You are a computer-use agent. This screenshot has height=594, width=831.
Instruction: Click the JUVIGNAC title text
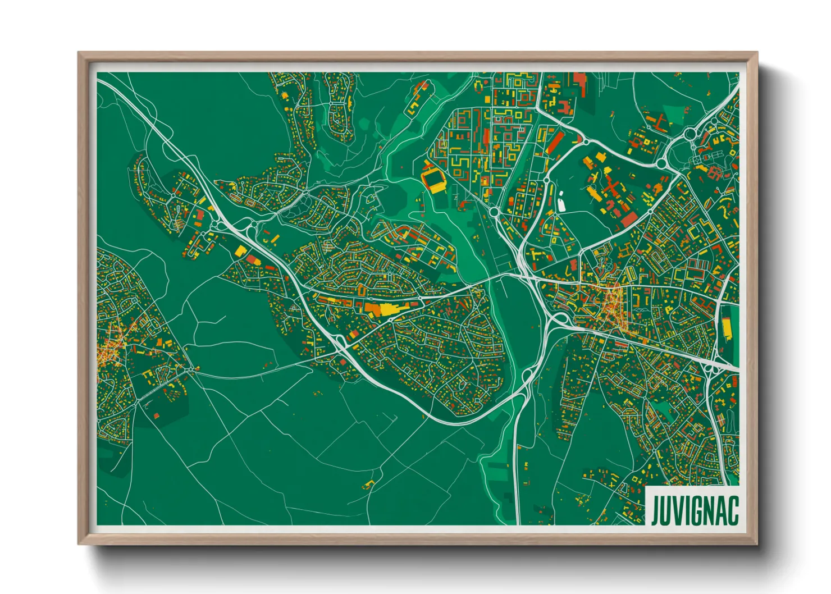[694, 510]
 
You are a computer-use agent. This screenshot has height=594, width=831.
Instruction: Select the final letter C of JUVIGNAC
[732, 510]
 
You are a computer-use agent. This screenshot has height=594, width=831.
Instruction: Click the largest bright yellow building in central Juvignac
[387, 309]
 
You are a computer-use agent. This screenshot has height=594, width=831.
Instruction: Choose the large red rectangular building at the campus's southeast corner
[629, 220]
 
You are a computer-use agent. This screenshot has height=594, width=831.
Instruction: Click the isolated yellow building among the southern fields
[369, 483]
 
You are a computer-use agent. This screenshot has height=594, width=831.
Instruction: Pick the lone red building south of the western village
[156, 415]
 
